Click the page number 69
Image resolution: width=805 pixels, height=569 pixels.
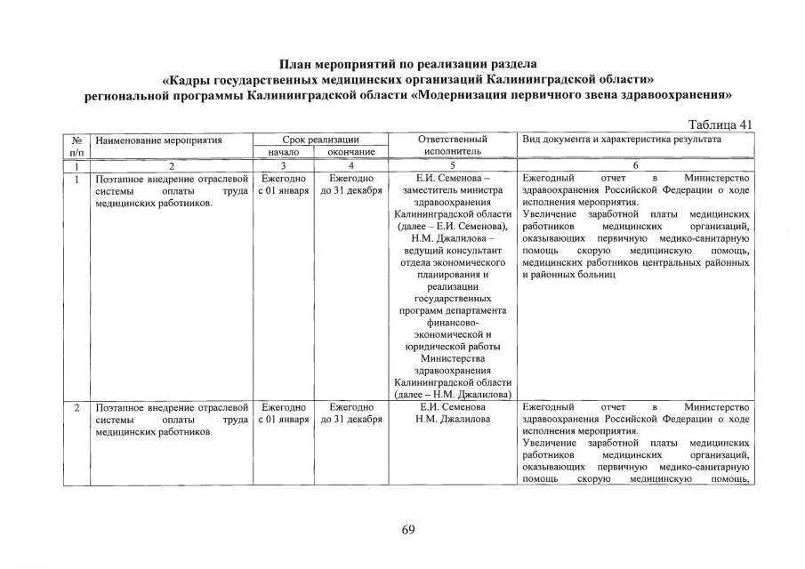point(408,530)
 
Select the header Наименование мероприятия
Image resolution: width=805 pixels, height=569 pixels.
point(158,140)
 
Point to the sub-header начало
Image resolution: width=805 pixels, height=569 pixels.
point(285,152)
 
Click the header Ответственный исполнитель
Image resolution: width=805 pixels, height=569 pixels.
point(453,146)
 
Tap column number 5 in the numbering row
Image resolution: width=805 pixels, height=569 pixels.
point(453,165)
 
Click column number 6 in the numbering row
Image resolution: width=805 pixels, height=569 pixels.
point(636,165)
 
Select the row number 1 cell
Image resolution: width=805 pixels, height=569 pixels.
point(78,179)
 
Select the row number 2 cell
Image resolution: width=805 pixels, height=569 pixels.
point(78,407)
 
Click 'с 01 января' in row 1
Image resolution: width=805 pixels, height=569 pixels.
point(285,191)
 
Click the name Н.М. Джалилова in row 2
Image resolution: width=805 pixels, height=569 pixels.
point(453,420)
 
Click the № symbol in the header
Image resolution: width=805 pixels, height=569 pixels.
point(78,140)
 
